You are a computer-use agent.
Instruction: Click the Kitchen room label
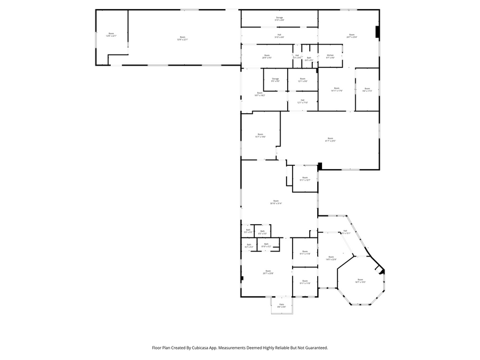(x=330, y=56)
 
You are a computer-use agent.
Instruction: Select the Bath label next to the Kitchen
(x=309, y=59)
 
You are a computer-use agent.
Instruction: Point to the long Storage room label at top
(x=279, y=19)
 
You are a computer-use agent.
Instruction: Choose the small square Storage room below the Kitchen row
(x=276, y=80)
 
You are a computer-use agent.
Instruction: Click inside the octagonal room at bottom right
(x=361, y=281)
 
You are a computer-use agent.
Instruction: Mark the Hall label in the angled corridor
(x=345, y=232)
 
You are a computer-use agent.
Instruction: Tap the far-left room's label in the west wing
(x=111, y=35)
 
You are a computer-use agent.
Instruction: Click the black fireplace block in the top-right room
(x=378, y=31)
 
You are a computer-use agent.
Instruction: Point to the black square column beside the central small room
(x=319, y=165)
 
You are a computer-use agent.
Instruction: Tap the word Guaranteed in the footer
(x=314, y=347)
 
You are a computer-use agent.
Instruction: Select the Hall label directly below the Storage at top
(x=279, y=36)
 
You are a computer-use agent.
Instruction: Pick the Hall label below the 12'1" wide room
(x=302, y=101)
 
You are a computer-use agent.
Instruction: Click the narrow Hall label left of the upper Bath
(x=297, y=56)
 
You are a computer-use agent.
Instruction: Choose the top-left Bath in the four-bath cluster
(x=248, y=231)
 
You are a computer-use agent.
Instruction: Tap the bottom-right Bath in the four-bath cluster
(x=266, y=246)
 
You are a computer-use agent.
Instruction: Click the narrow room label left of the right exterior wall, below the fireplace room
(x=367, y=90)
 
